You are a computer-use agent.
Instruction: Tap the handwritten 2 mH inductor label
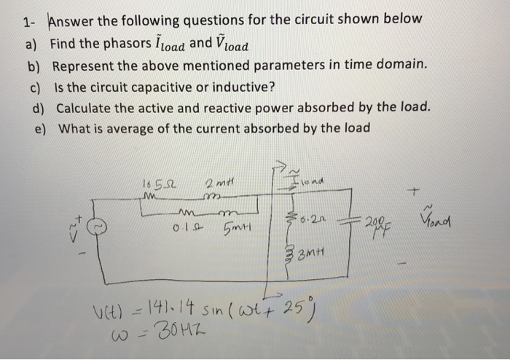pyautogui.click(x=219, y=181)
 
